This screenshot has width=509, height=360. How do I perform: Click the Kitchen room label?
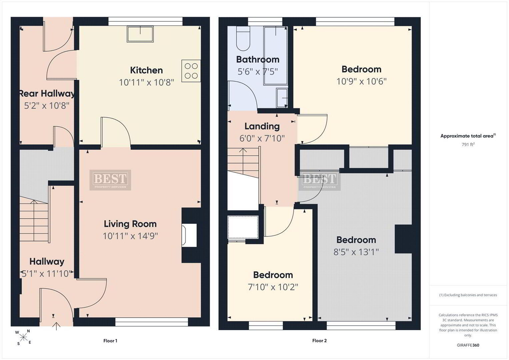pos(146,70)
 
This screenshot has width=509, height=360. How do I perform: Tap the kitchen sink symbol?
pos(140,34)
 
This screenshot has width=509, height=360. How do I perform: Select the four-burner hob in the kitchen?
pos(191,71)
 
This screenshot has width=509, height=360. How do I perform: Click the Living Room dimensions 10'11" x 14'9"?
pos(130,236)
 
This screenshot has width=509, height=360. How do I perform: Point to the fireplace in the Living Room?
pos(189,235)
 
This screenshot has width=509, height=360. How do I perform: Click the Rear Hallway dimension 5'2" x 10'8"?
pos(47,105)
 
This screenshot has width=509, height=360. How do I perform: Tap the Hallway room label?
pos(47,262)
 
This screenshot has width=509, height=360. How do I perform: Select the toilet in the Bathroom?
pos(243,38)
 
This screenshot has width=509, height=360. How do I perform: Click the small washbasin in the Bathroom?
pos(282,98)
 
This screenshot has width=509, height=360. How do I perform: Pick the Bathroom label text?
pos(258,60)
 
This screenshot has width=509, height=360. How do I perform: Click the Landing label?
pos(262,126)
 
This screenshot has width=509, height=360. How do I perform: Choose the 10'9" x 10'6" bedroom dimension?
pos(361,81)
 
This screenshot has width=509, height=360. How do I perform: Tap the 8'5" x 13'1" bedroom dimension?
pos(356,252)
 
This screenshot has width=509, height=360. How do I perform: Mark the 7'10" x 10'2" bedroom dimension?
pos(273,287)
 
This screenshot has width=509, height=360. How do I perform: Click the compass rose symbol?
pos(23,337)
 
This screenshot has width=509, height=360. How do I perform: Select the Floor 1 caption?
pos(110,341)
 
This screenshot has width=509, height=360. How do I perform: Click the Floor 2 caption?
pos(319,340)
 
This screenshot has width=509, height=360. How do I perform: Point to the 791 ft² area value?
pos(468,144)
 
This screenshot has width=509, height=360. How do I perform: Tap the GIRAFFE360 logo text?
pos(468,345)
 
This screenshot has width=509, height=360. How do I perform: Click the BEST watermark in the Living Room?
pos(110,180)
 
